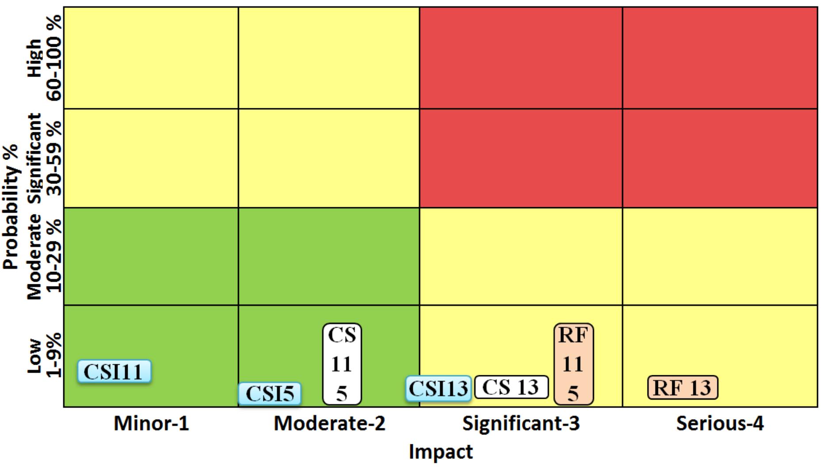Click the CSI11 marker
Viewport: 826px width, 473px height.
click(114, 371)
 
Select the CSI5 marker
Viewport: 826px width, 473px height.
click(270, 394)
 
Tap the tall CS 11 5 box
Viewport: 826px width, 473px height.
click(342, 364)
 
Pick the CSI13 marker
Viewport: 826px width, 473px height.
click(438, 389)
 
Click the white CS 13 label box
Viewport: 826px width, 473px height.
click(511, 387)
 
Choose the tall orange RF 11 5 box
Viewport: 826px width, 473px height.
click(573, 364)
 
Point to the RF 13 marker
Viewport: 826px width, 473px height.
click(682, 388)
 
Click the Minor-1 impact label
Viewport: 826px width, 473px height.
click(151, 423)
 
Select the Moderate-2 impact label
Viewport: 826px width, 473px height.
click(329, 423)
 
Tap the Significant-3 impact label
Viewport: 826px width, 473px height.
click(521, 423)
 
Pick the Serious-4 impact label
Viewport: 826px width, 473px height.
click(719, 423)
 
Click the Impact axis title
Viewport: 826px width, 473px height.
click(441, 452)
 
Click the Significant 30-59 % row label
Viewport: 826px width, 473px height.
click(44, 158)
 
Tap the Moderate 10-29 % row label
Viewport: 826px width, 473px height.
click(44, 256)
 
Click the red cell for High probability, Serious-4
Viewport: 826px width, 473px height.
click(719, 57)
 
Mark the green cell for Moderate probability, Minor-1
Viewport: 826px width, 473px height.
click(151, 256)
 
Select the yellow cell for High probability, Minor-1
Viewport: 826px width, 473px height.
click(151, 57)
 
